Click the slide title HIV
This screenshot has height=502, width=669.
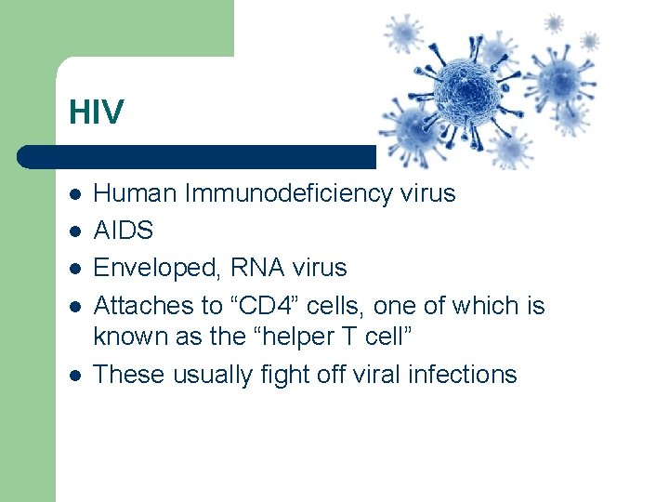coord(96,112)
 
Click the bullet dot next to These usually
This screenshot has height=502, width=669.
coord(74,376)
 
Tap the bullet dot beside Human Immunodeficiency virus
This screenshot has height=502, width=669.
coord(74,195)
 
